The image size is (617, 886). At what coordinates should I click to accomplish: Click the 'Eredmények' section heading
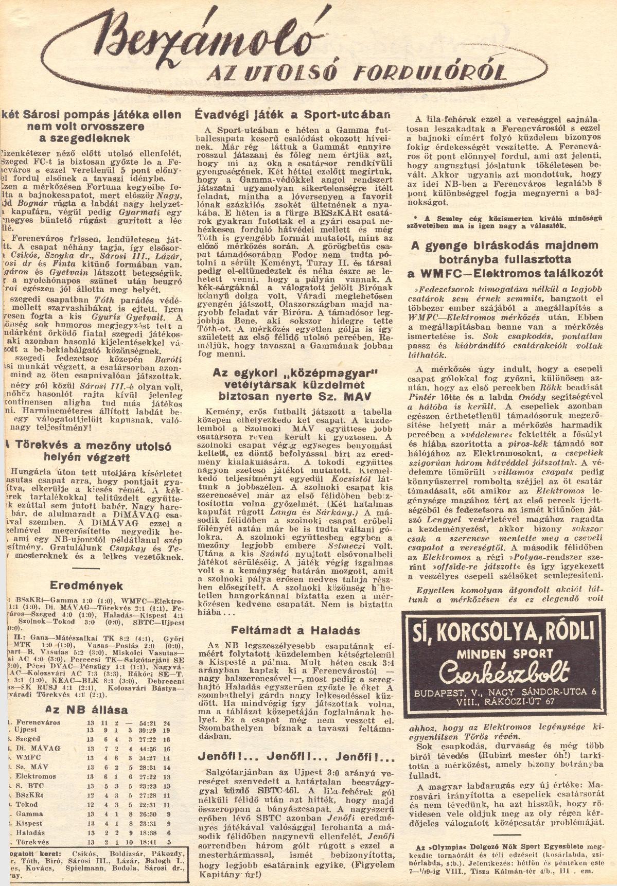click(x=85, y=586)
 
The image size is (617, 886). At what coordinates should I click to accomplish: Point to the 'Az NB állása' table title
click(x=86, y=710)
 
